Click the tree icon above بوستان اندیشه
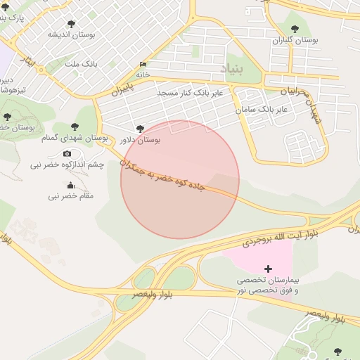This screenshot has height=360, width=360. (x=70, y=24)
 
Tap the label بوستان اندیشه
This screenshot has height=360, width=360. (x=67, y=34)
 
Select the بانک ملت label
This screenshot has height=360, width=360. (x=80, y=65)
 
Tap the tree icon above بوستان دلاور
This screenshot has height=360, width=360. (x=140, y=129)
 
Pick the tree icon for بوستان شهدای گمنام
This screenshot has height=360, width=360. (x=75, y=127)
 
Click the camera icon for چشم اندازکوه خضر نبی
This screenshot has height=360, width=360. (x=67, y=154)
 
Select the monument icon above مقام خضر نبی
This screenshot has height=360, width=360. (x=70, y=186)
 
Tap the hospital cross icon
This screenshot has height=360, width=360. (x=267, y=269)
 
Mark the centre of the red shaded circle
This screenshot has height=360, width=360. (x=180, y=180)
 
